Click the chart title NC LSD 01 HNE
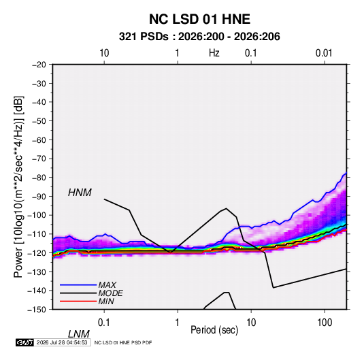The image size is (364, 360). [199, 19]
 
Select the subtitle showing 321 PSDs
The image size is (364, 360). [199, 37]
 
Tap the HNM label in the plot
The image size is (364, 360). [80, 193]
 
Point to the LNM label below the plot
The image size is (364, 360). [79, 334]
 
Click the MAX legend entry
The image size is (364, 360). [107, 284]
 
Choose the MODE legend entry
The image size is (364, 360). [110, 293]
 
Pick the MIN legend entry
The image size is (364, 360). [106, 301]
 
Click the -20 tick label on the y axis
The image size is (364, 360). [39, 65]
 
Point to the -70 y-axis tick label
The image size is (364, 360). [39, 159]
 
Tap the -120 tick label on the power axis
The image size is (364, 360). [37, 252]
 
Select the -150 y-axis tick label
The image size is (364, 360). [37, 310]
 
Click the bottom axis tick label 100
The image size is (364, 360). [325, 323]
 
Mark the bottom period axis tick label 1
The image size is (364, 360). [178, 323]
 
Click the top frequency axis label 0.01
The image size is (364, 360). [324, 53]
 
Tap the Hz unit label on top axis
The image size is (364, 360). [214, 53]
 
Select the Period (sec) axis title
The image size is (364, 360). [214, 330]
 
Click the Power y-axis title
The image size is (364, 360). [18, 187]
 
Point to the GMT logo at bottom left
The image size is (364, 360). [25, 342]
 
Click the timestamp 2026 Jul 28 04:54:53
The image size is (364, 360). [62, 342]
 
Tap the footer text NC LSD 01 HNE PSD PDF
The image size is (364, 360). [123, 342]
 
